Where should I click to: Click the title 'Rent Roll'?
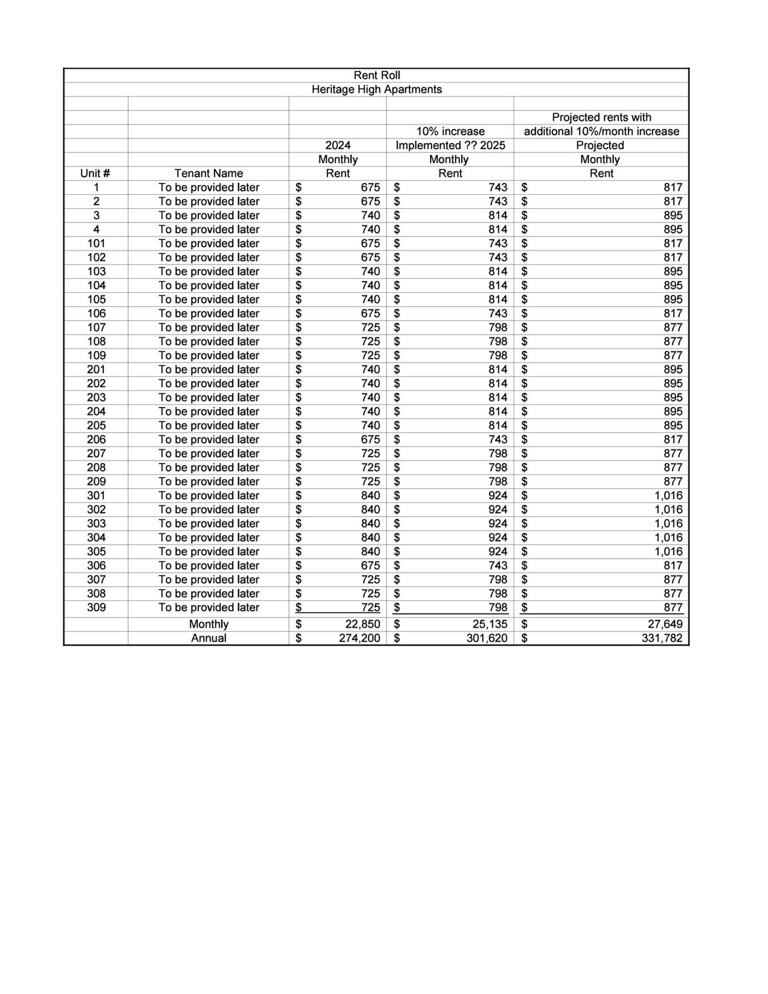[x=376, y=76]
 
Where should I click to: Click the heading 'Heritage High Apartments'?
[x=376, y=89]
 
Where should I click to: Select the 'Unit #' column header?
[x=95, y=174]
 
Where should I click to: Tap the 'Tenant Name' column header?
[x=209, y=174]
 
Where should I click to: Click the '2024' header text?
[x=338, y=145]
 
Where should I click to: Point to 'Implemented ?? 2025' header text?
[x=450, y=145]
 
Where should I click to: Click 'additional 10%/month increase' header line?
[x=601, y=131]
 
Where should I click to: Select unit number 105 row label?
[x=96, y=300]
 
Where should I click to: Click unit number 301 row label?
[x=96, y=496]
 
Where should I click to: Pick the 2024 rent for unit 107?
[x=370, y=327]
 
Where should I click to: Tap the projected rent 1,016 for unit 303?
[x=668, y=524]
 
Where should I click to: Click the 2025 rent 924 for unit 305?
[x=498, y=551]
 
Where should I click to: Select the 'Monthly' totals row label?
[x=209, y=624]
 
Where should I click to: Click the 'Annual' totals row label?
[x=209, y=638]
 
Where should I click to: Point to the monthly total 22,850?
[x=362, y=624]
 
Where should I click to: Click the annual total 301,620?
[x=486, y=638]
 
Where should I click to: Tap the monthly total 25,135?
[x=490, y=624]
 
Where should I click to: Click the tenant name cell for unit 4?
[x=209, y=229]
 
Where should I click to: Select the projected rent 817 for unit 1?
[x=673, y=188]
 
